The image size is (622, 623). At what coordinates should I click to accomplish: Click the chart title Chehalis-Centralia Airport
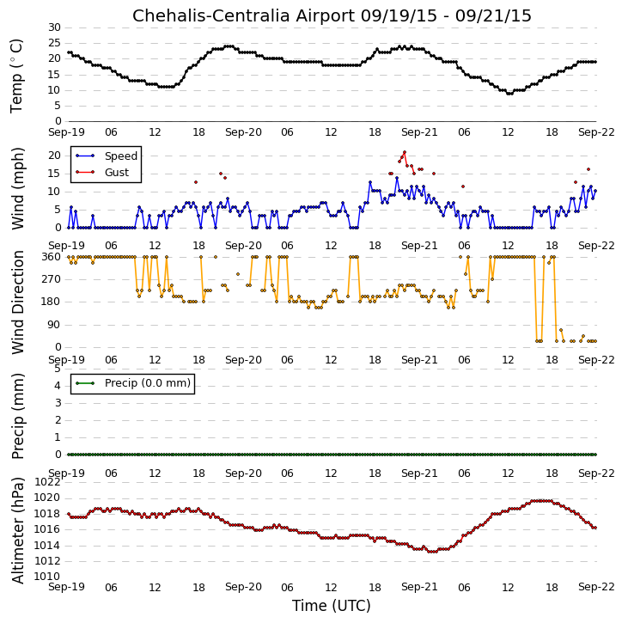pyautogui.click(x=243, y=15)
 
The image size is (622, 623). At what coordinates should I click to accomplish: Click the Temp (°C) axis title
pyautogui.click(x=16, y=76)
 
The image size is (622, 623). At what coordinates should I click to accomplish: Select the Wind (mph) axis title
pyautogui.click(x=17, y=188)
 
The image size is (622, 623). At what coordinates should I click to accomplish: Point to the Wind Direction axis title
pyautogui.click(x=17, y=302)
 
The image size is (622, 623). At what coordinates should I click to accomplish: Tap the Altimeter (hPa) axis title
pyautogui.click(x=17, y=530)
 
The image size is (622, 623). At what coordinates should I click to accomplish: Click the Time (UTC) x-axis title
pyautogui.click(x=332, y=606)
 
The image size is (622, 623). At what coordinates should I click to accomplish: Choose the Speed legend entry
pyautogui.click(x=107, y=156)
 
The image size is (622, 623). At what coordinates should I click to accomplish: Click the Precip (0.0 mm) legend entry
pyautogui.click(x=132, y=383)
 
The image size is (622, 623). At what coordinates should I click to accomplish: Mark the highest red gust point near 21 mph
pyautogui.click(x=405, y=152)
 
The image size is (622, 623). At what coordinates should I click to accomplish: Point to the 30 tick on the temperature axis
pyautogui.click(x=54, y=27)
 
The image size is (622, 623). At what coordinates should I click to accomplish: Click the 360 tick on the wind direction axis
pyautogui.click(x=52, y=257)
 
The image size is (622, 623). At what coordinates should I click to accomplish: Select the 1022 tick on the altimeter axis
pyautogui.click(x=47, y=482)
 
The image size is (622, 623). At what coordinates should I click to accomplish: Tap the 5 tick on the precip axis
pyautogui.click(x=58, y=369)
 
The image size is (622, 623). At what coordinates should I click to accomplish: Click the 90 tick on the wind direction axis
pyautogui.click(x=54, y=325)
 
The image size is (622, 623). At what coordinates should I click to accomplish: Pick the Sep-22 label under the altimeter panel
pyautogui.click(x=596, y=587)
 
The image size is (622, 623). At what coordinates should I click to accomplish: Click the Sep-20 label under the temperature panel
pyautogui.click(x=243, y=132)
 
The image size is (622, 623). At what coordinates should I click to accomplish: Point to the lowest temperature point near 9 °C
pyautogui.click(x=509, y=94)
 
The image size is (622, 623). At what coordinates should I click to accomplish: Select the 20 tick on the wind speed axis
pyautogui.click(x=54, y=156)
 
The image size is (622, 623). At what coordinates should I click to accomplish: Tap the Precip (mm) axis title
pyautogui.click(x=17, y=416)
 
